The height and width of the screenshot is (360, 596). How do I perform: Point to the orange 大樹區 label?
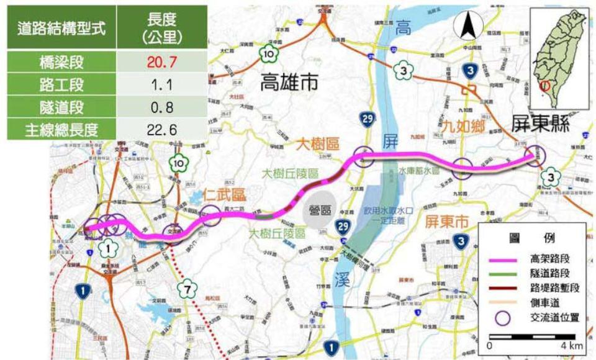pyautogui.click(x=318, y=144)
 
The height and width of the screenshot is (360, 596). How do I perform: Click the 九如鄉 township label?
pyautogui.click(x=460, y=127)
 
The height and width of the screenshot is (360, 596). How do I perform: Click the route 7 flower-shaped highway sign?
pyautogui.click(x=187, y=289)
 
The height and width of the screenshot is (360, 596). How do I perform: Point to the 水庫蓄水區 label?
pyautogui.click(x=419, y=169)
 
